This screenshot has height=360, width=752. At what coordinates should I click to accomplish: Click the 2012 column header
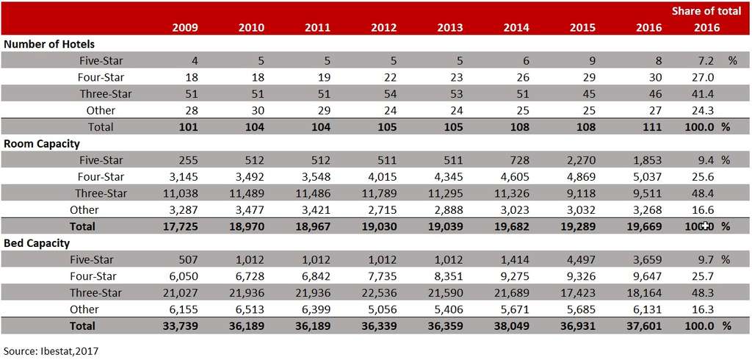pos(384,28)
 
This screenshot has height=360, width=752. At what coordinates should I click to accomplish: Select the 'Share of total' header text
pos(706,11)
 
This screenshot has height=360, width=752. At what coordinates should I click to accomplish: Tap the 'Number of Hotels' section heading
pos(49,44)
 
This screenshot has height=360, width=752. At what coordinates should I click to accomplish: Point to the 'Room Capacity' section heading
pos(42,144)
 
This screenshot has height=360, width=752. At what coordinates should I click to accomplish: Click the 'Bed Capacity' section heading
pos(38,242)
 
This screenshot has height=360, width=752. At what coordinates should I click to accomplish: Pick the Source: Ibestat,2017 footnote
pos(51,350)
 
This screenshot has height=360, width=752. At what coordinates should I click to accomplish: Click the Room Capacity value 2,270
pos(581,160)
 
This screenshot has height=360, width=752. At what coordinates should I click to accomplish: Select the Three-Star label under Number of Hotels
pos(106,94)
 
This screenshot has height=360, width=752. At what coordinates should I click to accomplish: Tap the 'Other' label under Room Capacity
pos(84,209)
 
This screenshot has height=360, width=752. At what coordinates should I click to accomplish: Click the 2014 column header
pos(517,28)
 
